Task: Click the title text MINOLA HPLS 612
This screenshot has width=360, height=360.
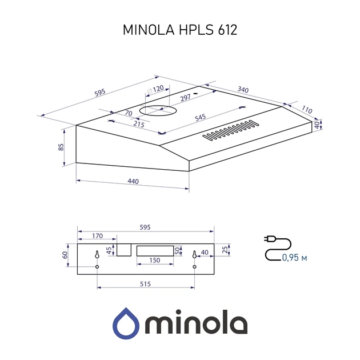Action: pyautogui.click(x=180, y=30)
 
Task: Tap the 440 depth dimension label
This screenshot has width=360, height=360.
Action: pyautogui.click(x=133, y=181)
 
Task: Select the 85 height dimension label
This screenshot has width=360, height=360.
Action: pyautogui.click(x=61, y=147)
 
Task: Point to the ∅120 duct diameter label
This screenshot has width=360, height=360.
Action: pyautogui.click(x=155, y=89)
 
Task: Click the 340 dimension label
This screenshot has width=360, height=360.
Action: pyautogui.click(x=243, y=90)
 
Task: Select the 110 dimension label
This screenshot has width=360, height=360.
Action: pyautogui.click(x=307, y=110)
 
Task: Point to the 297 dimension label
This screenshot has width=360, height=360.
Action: pyautogui.click(x=184, y=98)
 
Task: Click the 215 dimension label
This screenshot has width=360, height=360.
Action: pyautogui.click(x=138, y=123)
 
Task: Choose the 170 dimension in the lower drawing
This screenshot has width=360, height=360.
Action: pyautogui.click(x=97, y=235)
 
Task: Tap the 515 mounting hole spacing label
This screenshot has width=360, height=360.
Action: pyautogui.click(x=145, y=284)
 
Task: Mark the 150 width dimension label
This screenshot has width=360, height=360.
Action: pyautogui.click(x=155, y=260)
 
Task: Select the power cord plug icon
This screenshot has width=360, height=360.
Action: pyautogui.click(x=270, y=238)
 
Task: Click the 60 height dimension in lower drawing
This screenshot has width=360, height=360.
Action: pyautogui.click(x=65, y=254)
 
